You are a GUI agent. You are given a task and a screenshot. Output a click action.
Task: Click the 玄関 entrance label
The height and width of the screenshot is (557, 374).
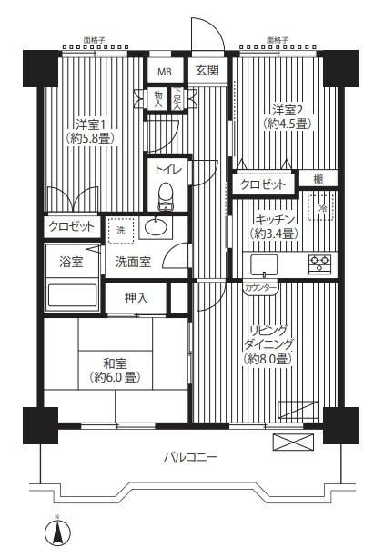203,72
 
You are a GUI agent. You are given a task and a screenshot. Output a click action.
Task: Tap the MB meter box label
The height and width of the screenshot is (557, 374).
165,72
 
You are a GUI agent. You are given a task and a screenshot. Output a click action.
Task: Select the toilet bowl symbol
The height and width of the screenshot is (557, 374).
165,194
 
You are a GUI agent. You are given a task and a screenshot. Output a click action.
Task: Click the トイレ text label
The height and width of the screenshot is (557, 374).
167,170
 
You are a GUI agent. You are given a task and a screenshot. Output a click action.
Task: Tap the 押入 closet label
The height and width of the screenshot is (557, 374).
136,296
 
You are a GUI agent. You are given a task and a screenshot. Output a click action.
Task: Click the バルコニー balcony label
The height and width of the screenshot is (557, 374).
191,457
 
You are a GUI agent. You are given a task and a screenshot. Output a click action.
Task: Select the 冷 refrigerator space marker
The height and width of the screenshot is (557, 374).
324,209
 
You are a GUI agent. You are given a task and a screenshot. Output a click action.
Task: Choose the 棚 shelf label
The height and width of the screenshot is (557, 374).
318,179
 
